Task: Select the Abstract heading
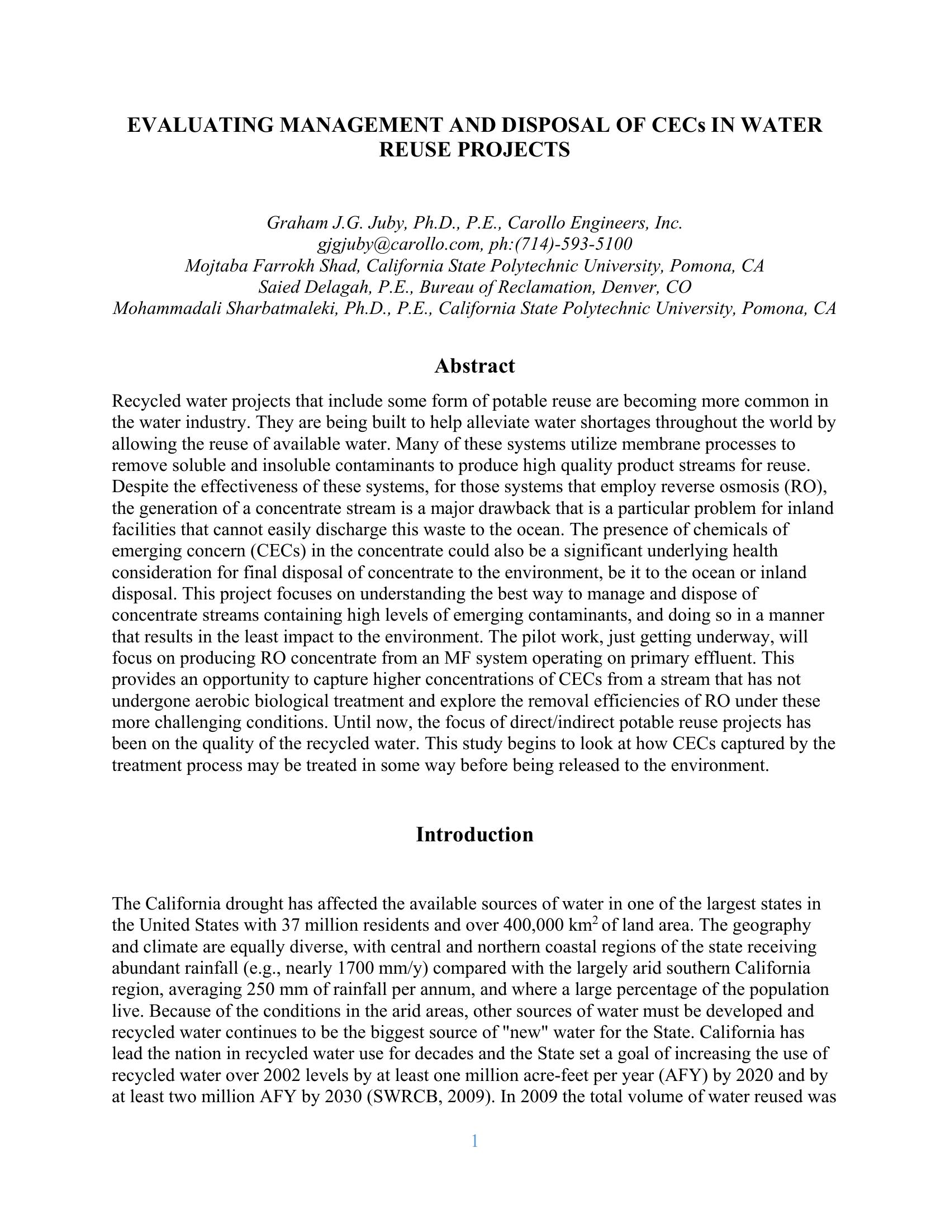474,366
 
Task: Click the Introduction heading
474,835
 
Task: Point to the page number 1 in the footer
474,1141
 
